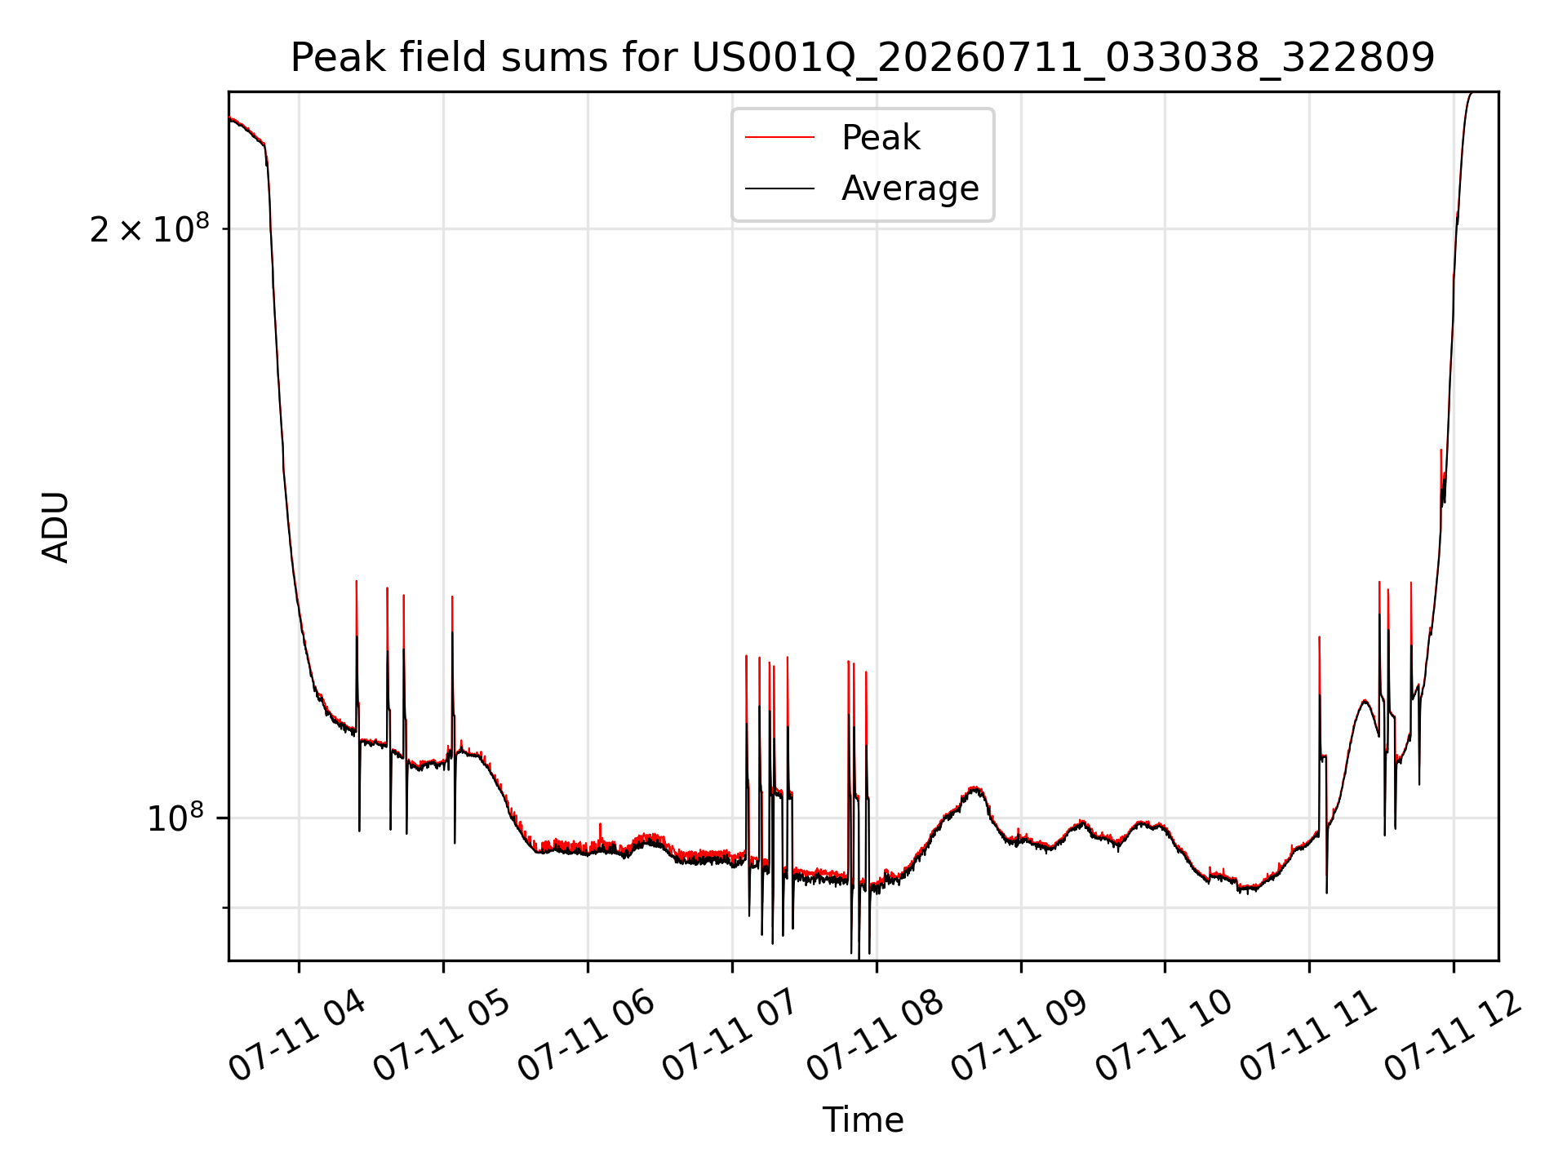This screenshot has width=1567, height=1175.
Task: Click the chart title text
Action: [863, 58]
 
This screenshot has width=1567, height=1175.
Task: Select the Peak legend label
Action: [881, 137]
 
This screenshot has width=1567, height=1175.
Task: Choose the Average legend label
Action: [910, 188]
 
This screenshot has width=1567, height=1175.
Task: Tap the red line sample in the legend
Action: [779, 137]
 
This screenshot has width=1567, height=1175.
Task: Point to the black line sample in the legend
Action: [779, 188]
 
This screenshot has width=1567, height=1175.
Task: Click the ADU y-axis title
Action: [55, 526]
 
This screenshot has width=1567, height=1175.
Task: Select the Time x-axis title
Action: [863, 1120]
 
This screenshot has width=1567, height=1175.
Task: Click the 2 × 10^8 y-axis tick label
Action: [149, 229]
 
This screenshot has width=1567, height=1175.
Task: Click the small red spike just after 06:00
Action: [600, 832]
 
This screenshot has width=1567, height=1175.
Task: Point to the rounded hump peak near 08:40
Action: [974, 788]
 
